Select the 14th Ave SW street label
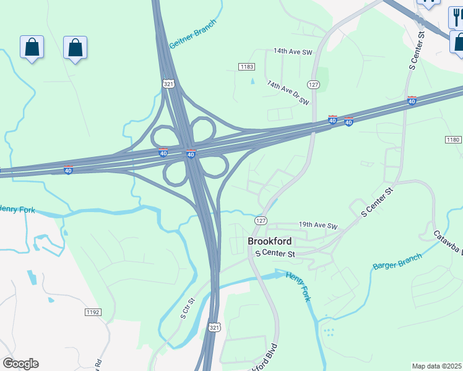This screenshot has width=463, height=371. coord(294,53)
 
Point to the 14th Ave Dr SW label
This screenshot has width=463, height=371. coord(287,92)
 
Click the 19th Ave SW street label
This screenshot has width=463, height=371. coord(318,226)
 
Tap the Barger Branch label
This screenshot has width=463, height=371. coord(397,262)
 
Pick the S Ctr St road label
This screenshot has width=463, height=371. coord(188,307)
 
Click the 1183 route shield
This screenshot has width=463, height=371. coord(247,66)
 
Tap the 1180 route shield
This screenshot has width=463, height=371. coord(453,140)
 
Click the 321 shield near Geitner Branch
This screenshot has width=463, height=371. coord(168,83)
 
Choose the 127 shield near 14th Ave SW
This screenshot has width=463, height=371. coord(314,84)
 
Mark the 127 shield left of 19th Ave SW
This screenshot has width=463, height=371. coord(261,221)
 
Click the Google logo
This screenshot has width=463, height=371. coord(20,364)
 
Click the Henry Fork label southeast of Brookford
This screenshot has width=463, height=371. coord(298,287)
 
